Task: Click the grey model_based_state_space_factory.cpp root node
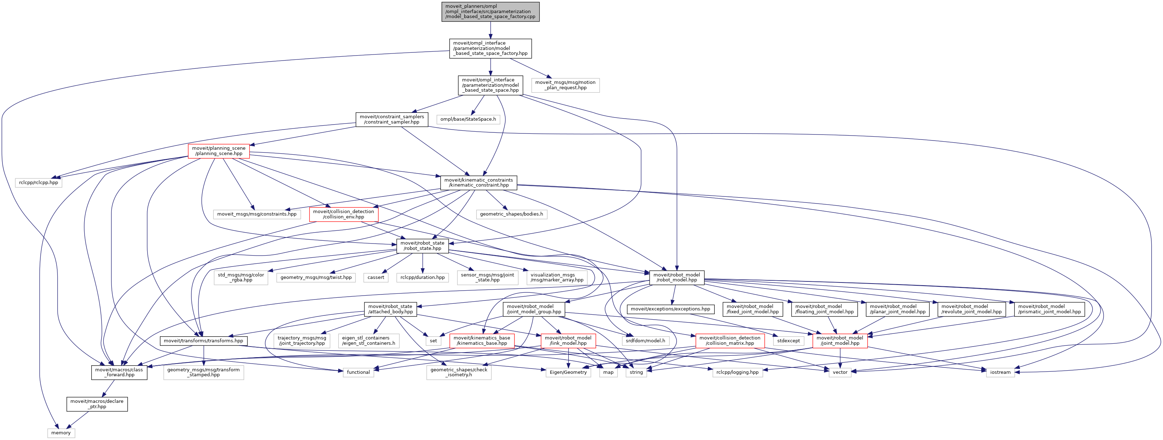coord(490,12)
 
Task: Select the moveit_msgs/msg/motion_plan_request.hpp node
coord(565,85)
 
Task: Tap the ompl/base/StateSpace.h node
coord(468,119)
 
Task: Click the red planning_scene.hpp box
coord(219,151)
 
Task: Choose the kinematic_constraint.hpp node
coord(479,183)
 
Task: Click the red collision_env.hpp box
coord(344,214)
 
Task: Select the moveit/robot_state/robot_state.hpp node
coord(422,246)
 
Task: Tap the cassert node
coord(376,278)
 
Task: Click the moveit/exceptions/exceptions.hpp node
coord(670,309)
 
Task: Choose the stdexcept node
coord(789,341)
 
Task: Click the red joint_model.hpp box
coord(840,341)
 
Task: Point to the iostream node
coord(1000,372)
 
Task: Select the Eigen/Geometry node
coord(568,372)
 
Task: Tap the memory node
coord(61,433)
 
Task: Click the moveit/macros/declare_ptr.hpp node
coord(97,404)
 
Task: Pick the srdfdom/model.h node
coord(645,341)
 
